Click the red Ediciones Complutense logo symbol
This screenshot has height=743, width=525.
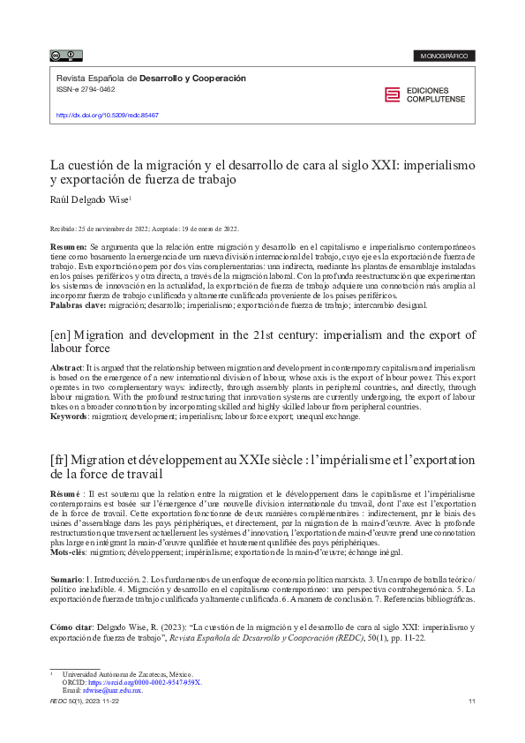click(393, 95)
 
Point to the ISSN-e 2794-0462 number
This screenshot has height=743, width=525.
click(86, 89)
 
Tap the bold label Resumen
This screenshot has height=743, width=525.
click(68, 245)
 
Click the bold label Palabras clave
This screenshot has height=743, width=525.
click(78, 305)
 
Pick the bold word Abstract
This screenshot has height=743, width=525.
click(67, 366)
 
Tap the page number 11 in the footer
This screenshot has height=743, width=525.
click(473, 701)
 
